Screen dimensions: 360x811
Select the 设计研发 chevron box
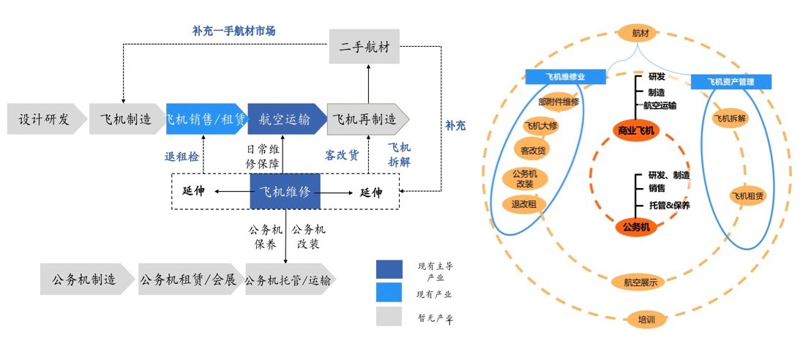coord(43,119)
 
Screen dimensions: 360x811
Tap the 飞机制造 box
coord(125,119)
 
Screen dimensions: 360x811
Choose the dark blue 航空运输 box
coord(285,119)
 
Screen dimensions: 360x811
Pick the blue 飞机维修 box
coord(285,192)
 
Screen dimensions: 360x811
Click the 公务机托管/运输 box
coord(288,280)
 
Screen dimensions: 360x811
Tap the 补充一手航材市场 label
coord(234,31)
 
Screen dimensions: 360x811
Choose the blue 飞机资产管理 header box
coord(731,81)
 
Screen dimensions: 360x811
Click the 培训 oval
coord(646,320)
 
